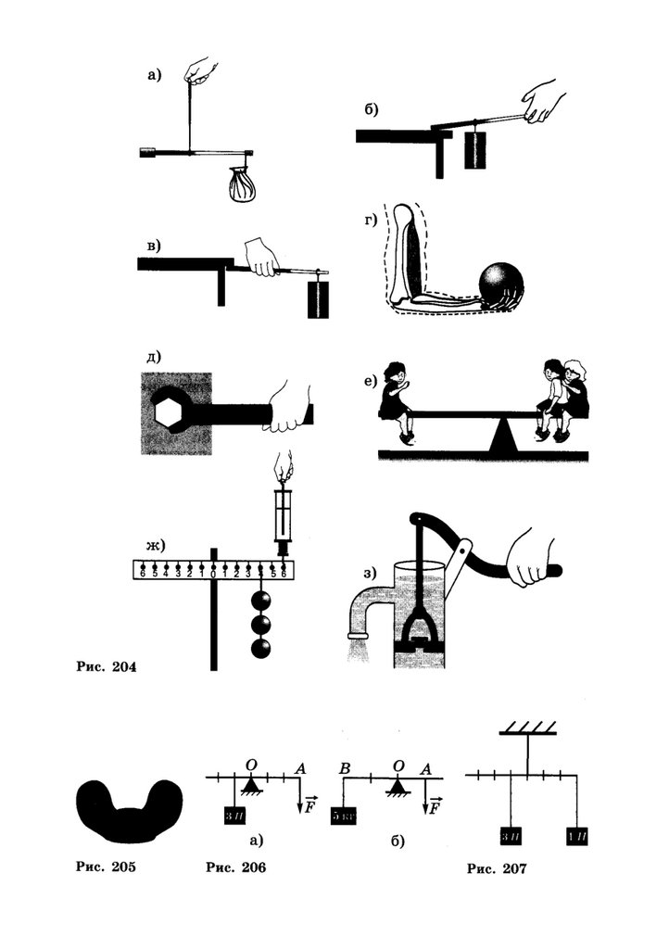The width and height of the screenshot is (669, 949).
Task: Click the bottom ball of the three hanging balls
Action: (x=263, y=647)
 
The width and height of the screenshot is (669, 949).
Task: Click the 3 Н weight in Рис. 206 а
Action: (x=233, y=817)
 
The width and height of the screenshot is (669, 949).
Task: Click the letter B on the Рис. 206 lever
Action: (x=343, y=768)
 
